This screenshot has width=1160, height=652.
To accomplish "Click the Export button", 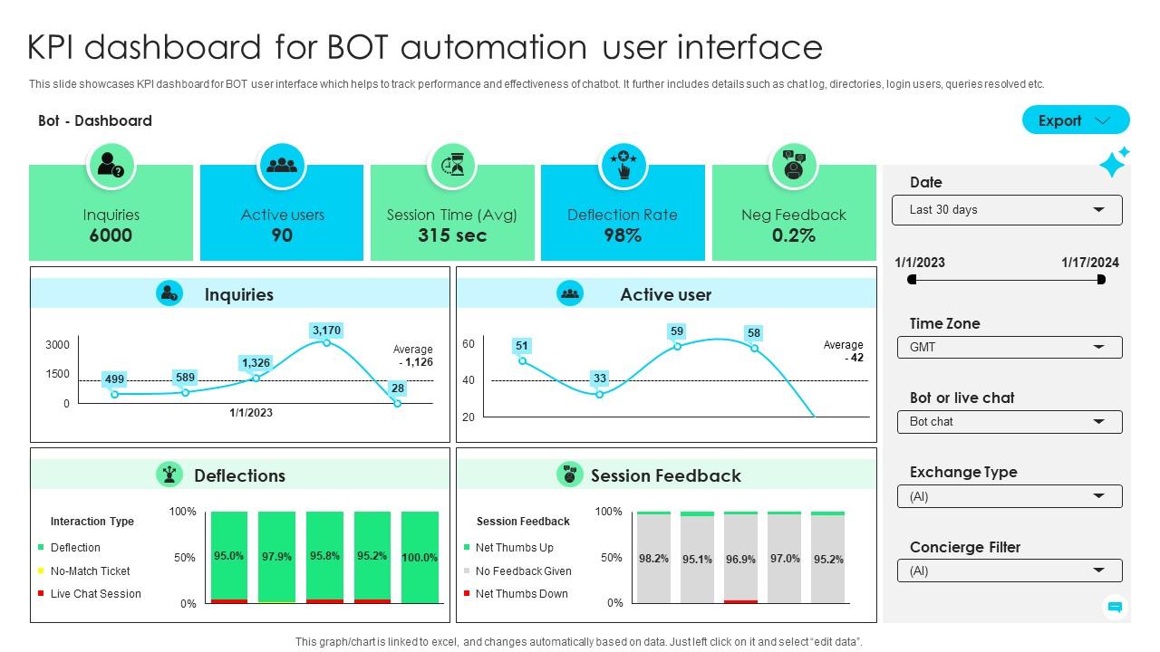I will (1075, 120).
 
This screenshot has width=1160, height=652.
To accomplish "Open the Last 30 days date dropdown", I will (1007, 210).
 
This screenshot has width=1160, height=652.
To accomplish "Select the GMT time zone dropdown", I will (1009, 348).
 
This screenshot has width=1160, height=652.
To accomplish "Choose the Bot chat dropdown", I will (1009, 422).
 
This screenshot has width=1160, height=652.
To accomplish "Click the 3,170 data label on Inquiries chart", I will (326, 331).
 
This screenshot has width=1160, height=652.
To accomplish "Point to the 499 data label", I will (114, 379).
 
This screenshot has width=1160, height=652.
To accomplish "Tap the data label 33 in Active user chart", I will (599, 378).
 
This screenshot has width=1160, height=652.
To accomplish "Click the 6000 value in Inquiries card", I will (111, 235).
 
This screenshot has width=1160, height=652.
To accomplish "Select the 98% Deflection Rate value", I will (622, 235).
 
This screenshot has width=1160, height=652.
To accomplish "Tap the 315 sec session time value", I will (451, 235).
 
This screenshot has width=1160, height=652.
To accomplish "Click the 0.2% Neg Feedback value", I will (793, 235).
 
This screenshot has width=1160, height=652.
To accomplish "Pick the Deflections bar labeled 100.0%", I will (420, 557).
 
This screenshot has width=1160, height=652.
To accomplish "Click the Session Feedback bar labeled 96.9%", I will (740, 559).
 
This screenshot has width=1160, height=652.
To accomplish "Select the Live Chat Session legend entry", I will (95, 594).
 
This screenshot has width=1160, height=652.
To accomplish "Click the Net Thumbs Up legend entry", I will (514, 548).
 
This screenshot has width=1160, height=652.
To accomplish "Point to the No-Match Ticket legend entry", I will (90, 571).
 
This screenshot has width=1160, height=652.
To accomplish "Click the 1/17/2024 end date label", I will (1089, 263).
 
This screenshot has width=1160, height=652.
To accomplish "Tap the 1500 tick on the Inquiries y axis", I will (57, 374).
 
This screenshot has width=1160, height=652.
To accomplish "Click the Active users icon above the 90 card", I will (282, 165).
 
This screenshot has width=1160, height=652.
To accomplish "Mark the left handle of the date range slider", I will (912, 280).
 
